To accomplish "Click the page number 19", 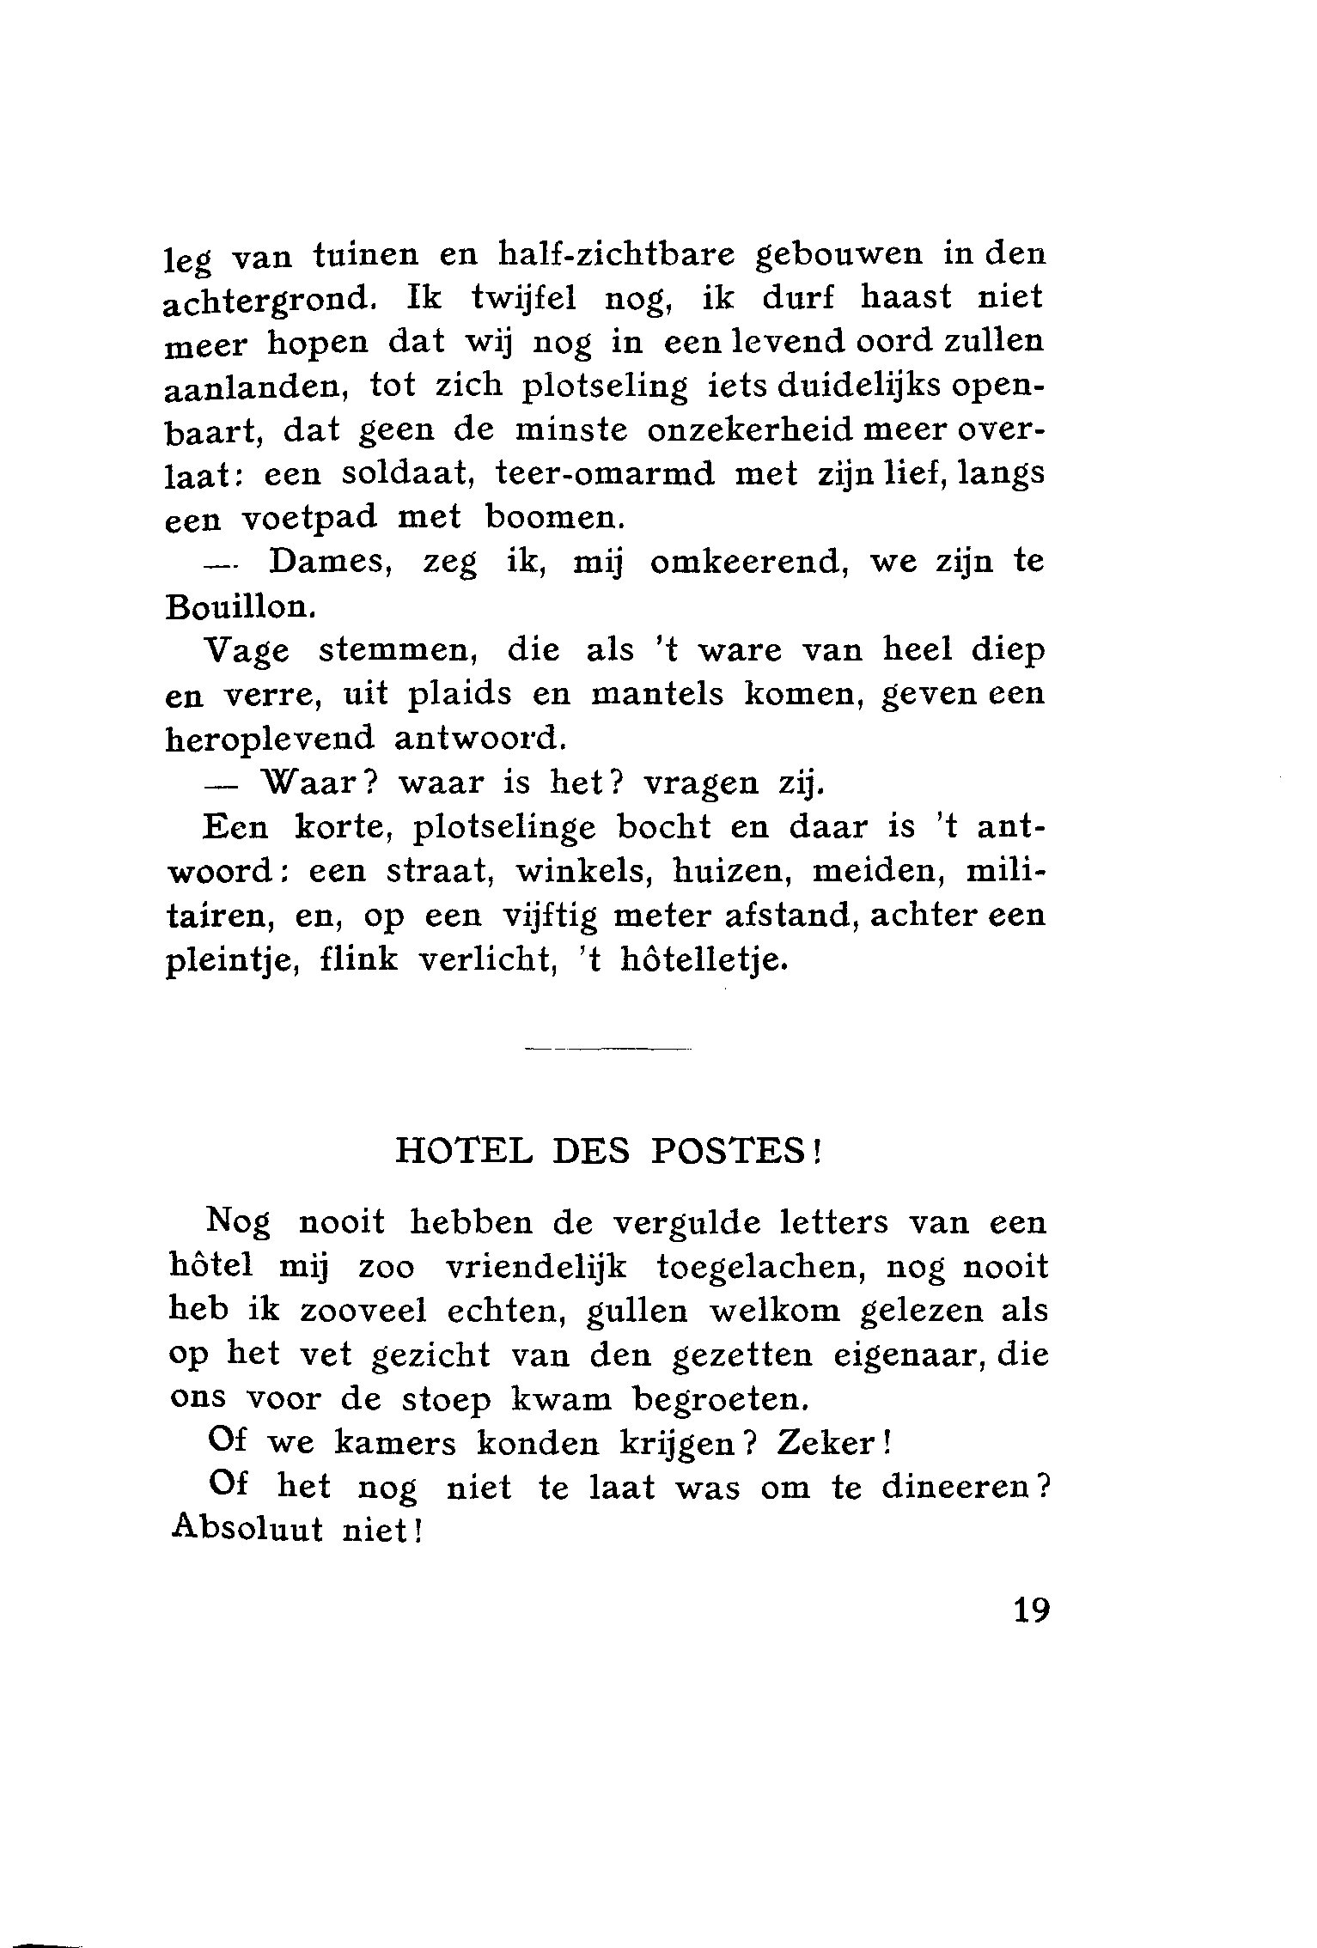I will click(1031, 1610).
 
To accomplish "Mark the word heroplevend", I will click(271, 738).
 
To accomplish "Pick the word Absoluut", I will click(247, 1531).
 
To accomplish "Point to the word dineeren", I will click(955, 1487).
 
